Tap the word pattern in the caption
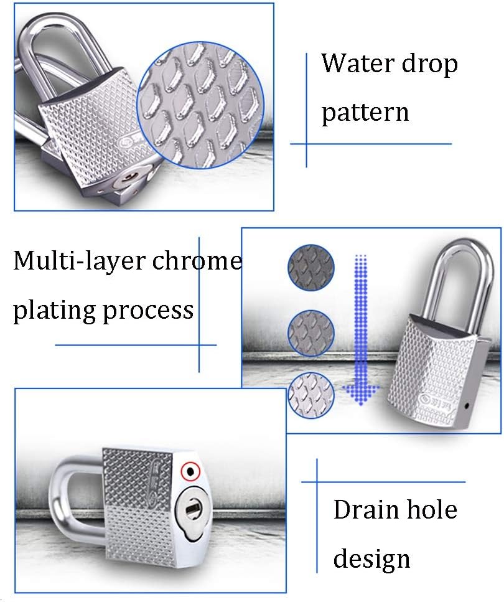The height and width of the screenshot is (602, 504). pos(365,113)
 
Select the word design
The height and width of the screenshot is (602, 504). pos(371,558)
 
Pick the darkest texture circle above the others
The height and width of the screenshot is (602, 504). pos(311,268)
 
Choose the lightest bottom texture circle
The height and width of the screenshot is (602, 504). pos(311,394)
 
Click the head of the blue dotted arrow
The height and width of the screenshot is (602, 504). pos(360,393)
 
